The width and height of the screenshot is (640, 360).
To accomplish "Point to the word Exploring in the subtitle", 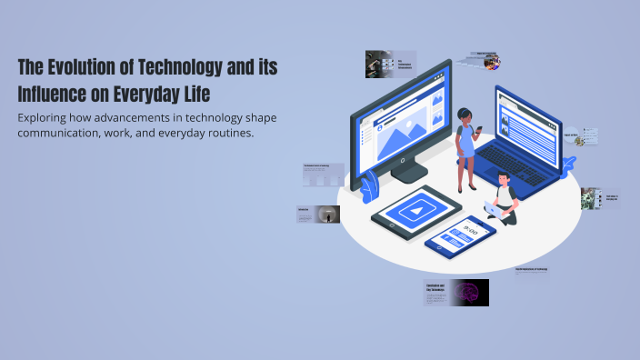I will click(48, 118).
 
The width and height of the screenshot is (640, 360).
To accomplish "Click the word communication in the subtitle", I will click(65, 133).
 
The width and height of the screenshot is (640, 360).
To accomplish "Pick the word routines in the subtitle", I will click(230, 133).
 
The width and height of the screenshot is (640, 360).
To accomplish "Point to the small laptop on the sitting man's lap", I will click(493, 208).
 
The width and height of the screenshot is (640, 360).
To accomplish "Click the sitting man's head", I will click(505, 188).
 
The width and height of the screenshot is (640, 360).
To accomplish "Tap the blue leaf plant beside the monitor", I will click(369, 188).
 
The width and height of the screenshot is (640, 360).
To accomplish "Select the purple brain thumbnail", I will click(471, 292).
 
